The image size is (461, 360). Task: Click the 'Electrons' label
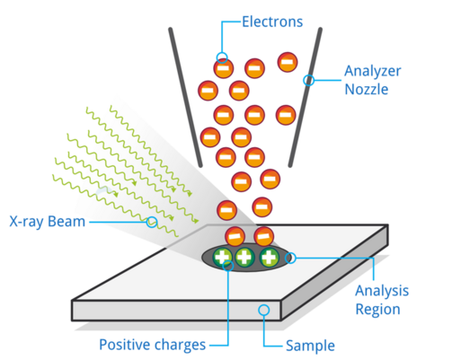click(x=272, y=22)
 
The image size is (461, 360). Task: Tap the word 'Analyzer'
click(x=373, y=72)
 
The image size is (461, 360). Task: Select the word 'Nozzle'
click(x=367, y=89)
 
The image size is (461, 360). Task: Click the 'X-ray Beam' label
click(x=48, y=222)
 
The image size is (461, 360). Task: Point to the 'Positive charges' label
click(x=153, y=345)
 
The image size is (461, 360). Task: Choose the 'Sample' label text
click(x=310, y=346)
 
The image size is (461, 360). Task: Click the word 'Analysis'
click(x=382, y=291)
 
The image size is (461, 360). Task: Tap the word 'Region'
click(x=377, y=310)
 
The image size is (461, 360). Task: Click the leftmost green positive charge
click(x=223, y=258)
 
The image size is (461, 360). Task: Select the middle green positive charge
click(x=245, y=258)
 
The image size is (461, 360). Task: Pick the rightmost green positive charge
click(x=269, y=258)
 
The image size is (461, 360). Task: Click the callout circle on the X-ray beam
click(x=152, y=222)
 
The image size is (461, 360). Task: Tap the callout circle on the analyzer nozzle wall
click(x=309, y=80)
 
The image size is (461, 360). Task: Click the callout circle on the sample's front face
click(x=264, y=310)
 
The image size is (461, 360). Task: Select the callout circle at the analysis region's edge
click(x=290, y=258)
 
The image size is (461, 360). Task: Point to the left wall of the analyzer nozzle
click(x=185, y=98)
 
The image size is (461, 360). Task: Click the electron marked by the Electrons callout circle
click(x=224, y=68)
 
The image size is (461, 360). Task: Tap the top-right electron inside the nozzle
click(x=288, y=62)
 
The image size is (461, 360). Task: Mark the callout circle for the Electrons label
click(x=222, y=57)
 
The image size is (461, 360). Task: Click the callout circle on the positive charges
click(x=228, y=266)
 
